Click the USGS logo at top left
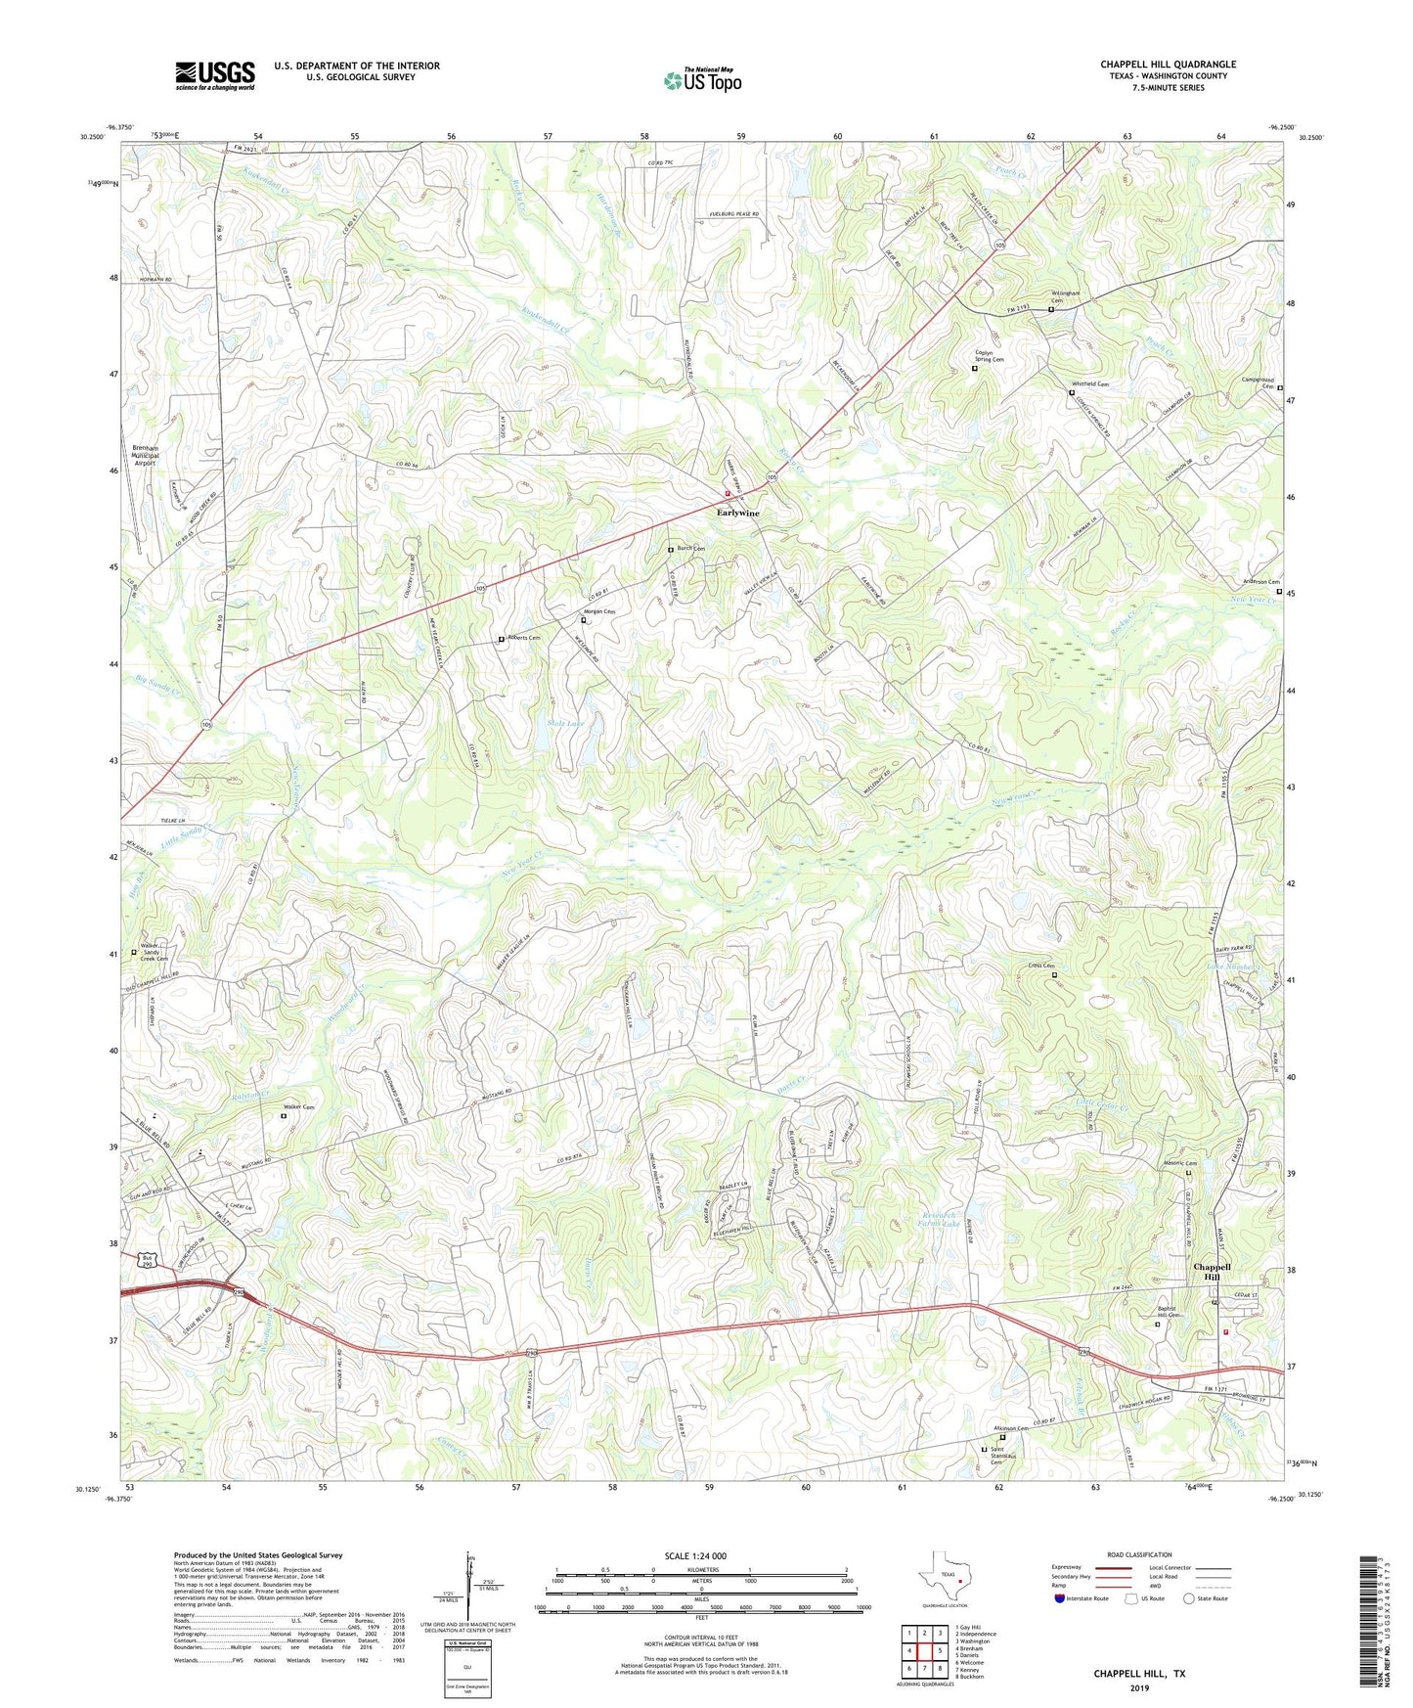coord(214,75)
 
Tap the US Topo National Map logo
coord(702,80)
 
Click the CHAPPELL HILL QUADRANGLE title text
coord(1167,65)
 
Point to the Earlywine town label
coord(737,513)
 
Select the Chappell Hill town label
coord(1212,1272)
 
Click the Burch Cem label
coord(691,549)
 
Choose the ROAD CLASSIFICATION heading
coord(1139,1554)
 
